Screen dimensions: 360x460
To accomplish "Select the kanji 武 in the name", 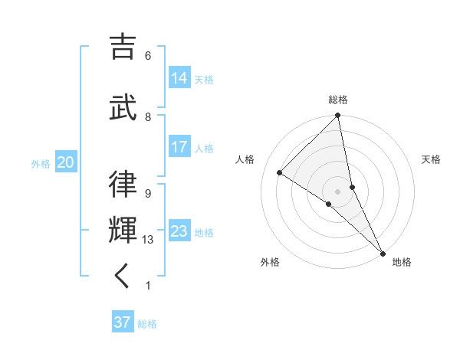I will pos(123,104).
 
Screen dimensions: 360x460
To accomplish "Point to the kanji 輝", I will pos(123,228).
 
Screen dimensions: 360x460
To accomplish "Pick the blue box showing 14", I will pos(179,78).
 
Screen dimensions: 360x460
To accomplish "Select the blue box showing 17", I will pos(179,147).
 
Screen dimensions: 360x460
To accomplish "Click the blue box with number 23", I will pos(179,231).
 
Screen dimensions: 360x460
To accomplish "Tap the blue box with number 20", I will pos(65,162).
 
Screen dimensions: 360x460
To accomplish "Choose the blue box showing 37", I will pos(123,322).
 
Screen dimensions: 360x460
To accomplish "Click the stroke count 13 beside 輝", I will pos(148,240).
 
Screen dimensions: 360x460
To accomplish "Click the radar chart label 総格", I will pos(338,100).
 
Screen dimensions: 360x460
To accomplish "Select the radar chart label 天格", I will pos(432,159).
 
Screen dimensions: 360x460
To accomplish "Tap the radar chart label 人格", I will pos(245,159).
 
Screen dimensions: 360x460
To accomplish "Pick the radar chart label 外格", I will pos(270,262).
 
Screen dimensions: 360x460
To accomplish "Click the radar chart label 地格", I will pos(402,262).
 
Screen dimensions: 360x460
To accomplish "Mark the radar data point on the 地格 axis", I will pos(382,253).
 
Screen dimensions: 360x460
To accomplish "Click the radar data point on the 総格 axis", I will pos(338,116).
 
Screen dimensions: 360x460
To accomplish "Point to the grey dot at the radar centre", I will pos(337,191).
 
